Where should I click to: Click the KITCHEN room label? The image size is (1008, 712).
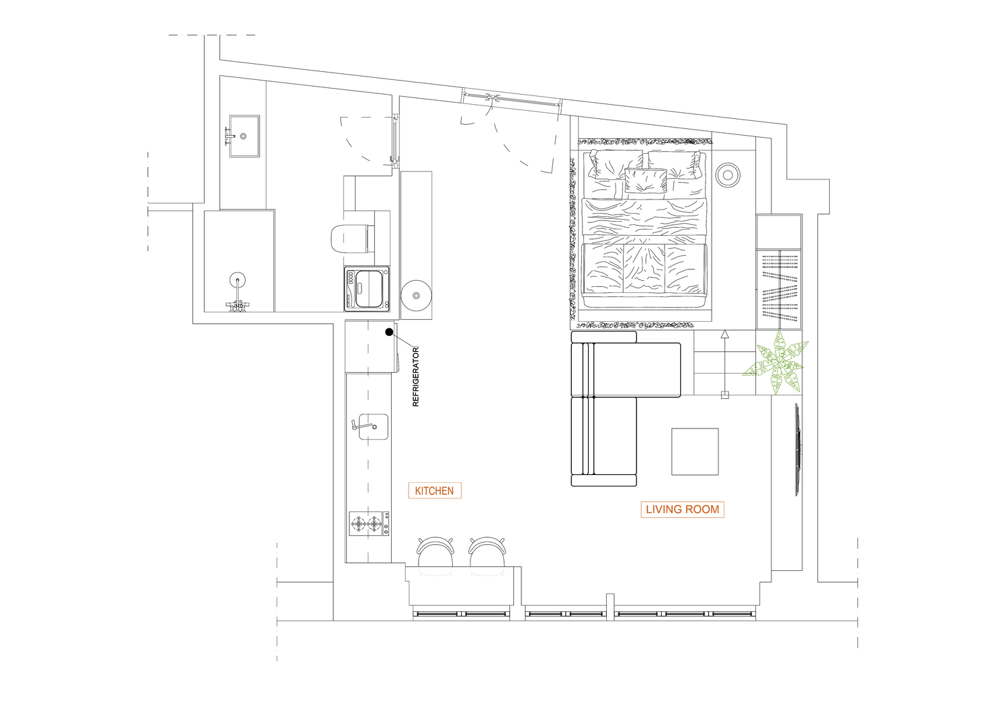click(x=435, y=491)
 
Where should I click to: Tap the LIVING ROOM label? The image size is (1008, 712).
click(x=682, y=510)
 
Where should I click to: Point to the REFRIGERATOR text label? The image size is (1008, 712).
click(x=415, y=377)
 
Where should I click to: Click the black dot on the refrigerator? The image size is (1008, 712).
click(x=389, y=332)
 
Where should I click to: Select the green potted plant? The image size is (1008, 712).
click(x=775, y=363)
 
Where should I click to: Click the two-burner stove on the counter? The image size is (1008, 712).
click(x=370, y=523)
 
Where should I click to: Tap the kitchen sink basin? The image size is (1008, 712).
click(x=373, y=427)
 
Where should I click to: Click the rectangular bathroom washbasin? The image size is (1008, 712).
click(x=244, y=136)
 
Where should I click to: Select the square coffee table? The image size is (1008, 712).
click(x=695, y=451)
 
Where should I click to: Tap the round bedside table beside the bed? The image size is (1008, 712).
click(x=728, y=175)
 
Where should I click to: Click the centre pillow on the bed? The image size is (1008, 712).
click(x=646, y=181)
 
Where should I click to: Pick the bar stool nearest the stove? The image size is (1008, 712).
click(x=435, y=552)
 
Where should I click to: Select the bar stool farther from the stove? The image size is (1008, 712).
click(x=487, y=552)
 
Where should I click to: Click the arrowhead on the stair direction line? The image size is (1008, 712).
click(x=724, y=335)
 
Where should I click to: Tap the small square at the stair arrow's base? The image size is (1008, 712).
click(x=724, y=395)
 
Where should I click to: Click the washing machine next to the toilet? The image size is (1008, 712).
click(x=367, y=289)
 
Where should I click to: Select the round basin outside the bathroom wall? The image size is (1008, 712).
click(x=416, y=296)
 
